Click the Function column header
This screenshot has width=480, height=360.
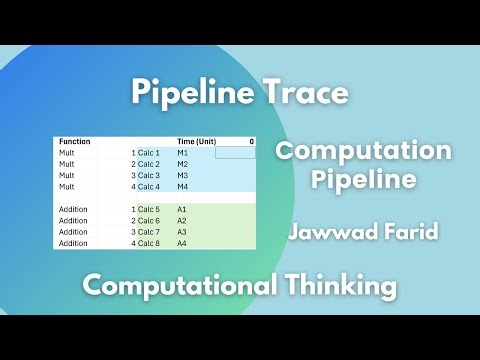click(x=75, y=142)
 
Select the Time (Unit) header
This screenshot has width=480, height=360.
click(x=197, y=142)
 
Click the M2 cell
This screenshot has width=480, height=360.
click(x=182, y=163)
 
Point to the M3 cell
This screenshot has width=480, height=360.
click(x=182, y=175)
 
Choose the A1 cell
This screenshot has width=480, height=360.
click(x=182, y=209)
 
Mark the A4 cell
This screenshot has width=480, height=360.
click(x=182, y=243)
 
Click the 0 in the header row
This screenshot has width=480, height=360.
click(x=251, y=142)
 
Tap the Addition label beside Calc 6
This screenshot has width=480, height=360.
click(x=73, y=220)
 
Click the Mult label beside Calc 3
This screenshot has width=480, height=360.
click(x=67, y=175)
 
